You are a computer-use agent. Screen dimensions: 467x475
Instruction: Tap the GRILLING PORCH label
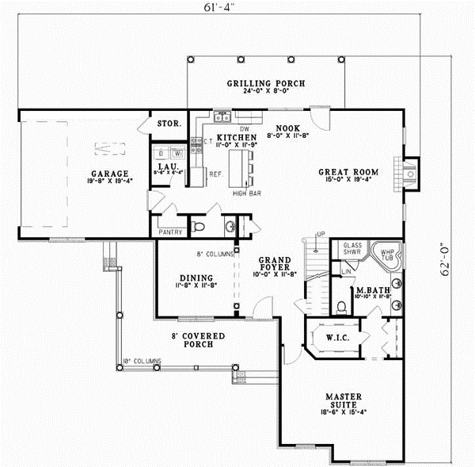(266, 84)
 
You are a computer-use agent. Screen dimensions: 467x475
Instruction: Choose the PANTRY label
(171, 232)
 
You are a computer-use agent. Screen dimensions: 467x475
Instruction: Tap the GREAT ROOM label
(348, 171)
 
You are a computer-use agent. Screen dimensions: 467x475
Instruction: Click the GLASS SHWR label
(353, 249)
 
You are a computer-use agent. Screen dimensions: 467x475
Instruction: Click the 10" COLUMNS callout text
(142, 362)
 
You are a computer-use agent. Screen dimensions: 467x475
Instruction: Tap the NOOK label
(287, 128)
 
